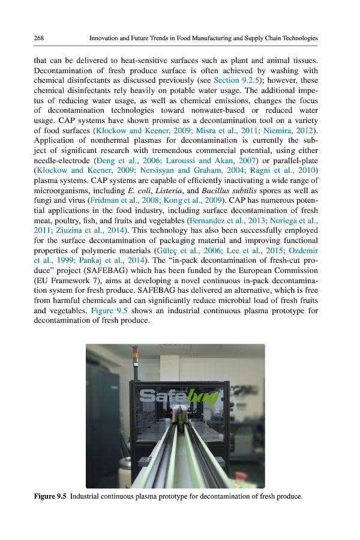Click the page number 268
(40, 38)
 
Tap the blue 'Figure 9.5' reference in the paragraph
(110, 310)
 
